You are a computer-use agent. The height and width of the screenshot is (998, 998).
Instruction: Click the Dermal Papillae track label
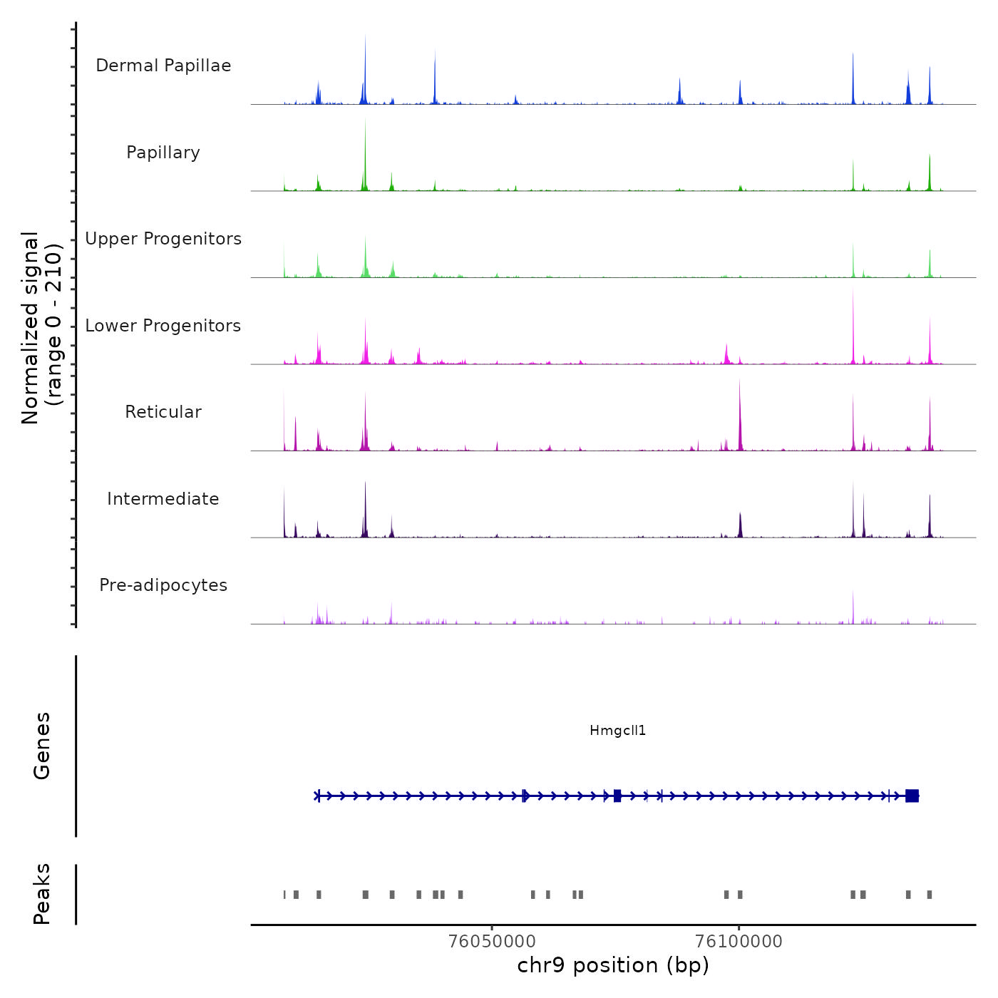pos(163,66)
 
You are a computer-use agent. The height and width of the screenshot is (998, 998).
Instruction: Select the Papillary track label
pos(163,153)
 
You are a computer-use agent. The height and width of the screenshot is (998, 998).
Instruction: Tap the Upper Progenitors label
pos(163,239)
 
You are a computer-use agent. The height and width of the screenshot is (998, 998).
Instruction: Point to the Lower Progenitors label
pos(163,326)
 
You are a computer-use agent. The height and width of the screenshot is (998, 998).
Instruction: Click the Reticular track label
pos(163,412)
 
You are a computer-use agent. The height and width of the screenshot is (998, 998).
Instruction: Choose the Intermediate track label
pos(163,499)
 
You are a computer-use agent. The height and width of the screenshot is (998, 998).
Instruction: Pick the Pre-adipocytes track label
pos(163,585)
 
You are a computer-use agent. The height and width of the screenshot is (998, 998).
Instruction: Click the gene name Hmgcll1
pos(617,730)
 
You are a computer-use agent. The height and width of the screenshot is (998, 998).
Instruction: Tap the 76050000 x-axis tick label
pos(492,941)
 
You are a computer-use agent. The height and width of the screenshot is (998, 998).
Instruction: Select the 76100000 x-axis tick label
pos(739,941)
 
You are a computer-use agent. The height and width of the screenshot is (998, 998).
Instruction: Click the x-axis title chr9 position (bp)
pos(613,965)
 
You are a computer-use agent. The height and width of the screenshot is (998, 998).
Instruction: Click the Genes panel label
pos(42,746)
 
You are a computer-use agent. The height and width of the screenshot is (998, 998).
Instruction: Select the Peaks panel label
pos(42,894)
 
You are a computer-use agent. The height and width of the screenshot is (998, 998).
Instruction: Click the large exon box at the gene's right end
pos(912,796)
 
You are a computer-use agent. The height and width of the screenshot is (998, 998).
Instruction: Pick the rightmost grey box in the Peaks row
pos(929,895)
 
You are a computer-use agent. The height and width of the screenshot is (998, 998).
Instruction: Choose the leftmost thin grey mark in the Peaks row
pos(284,895)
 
